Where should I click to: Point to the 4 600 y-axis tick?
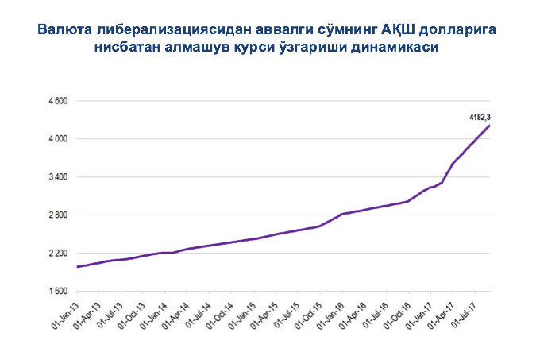coord(58,102)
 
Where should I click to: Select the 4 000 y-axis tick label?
coord(58,139)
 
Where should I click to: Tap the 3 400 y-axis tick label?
coord(58,177)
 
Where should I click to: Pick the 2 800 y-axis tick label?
coord(58,215)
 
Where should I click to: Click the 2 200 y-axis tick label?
coord(58,254)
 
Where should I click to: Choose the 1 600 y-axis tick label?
coord(58,292)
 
